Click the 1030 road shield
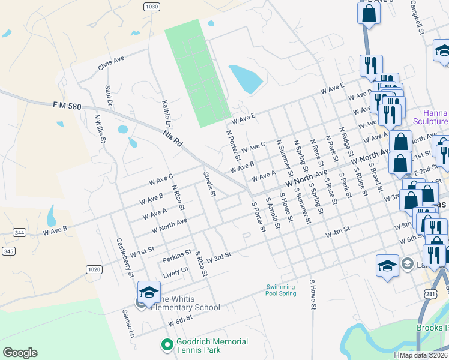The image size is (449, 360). [x=152, y=7]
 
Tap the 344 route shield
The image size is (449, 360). [x=19, y=232]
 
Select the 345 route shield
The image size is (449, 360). [x=8, y=251]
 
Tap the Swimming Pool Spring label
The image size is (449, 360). [x=281, y=290]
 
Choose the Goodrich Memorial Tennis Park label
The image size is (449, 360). [x=212, y=346]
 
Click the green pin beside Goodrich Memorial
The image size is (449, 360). [x=167, y=346]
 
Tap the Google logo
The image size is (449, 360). [x=20, y=353]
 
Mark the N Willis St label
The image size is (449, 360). [x=100, y=128]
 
